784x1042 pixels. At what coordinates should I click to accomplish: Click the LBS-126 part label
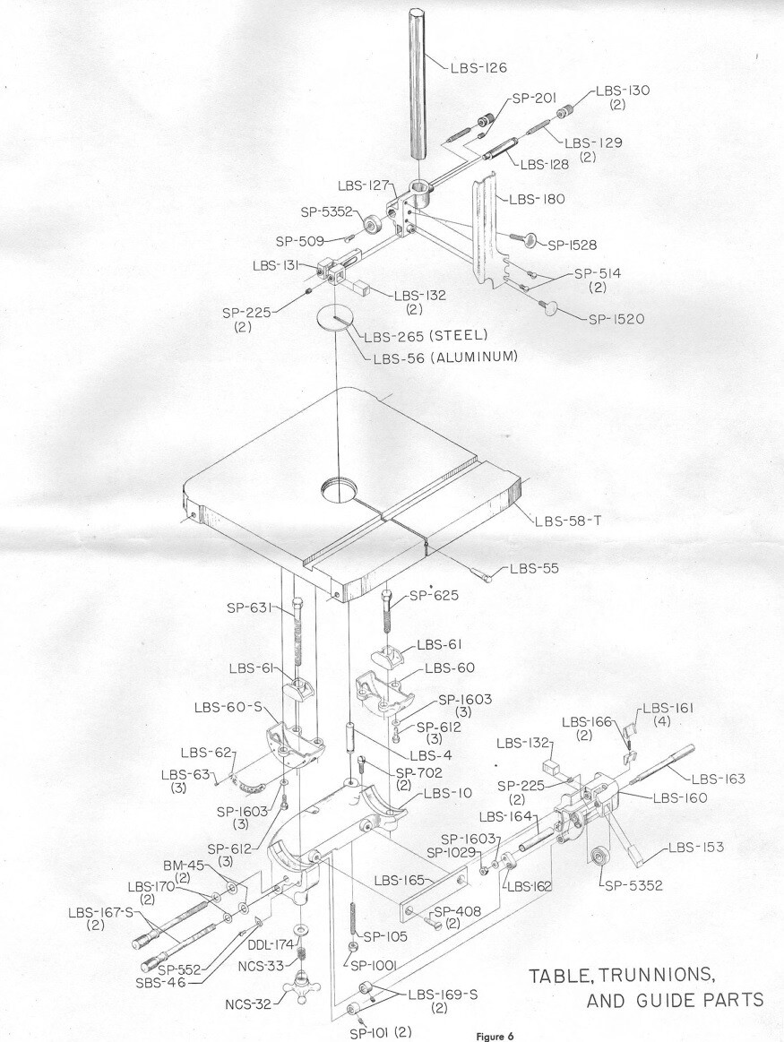[x=478, y=68]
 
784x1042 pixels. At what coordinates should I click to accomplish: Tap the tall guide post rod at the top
[x=417, y=84]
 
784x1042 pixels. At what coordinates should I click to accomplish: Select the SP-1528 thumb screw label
[x=572, y=245]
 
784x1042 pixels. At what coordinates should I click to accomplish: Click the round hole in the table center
[x=339, y=493]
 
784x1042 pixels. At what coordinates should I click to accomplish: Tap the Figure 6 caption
[x=495, y=1036]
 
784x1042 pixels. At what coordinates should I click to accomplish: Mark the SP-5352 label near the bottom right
[x=633, y=885]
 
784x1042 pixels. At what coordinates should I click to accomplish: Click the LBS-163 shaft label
[x=719, y=779]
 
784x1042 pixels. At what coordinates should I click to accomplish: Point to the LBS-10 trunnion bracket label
[x=448, y=794]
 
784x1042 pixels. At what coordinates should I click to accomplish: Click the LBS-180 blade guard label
[x=536, y=199]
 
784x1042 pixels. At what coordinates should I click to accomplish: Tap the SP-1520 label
[x=616, y=319]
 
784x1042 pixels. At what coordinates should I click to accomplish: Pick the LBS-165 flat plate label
[x=400, y=881]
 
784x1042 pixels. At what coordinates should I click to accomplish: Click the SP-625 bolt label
[x=435, y=596]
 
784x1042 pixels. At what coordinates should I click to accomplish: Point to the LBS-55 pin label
[x=534, y=568]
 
